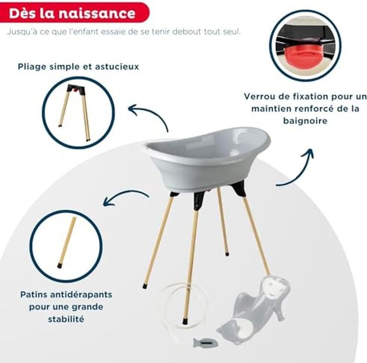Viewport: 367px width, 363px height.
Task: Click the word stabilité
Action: [x=66, y=319]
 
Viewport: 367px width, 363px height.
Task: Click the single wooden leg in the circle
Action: [x=67, y=242]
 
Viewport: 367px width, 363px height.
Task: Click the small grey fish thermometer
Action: [x=203, y=343]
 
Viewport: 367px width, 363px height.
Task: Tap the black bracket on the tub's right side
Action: [x=239, y=188]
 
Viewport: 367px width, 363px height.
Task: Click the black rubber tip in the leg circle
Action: [x=60, y=265]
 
